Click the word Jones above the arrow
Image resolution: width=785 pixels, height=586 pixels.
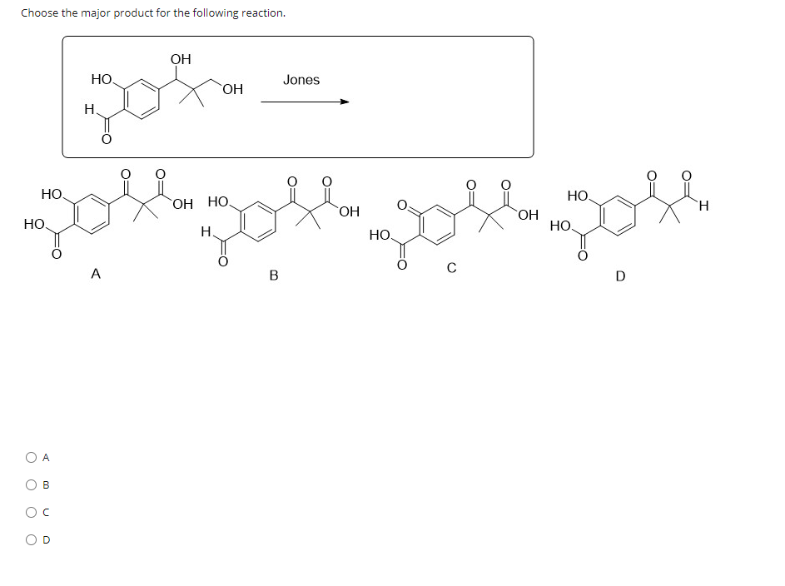pyautogui.click(x=301, y=80)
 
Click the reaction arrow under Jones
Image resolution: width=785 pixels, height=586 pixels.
pyautogui.click(x=305, y=102)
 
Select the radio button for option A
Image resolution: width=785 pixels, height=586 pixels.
pyautogui.click(x=31, y=457)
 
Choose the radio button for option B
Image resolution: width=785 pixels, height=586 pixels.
pyautogui.click(x=31, y=484)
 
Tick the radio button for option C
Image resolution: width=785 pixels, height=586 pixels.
pyautogui.click(x=31, y=512)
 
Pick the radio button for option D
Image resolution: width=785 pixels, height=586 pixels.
pyautogui.click(x=31, y=539)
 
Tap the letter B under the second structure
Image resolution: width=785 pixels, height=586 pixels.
pyautogui.click(x=274, y=276)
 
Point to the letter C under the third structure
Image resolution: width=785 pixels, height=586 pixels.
pyautogui.click(x=450, y=268)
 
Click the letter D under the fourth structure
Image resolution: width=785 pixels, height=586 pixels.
pyautogui.click(x=619, y=276)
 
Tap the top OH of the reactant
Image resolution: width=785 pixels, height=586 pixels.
pyautogui.click(x=180, y=59)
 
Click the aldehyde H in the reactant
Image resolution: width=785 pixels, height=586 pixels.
pyautogui.click(x=89, y=109)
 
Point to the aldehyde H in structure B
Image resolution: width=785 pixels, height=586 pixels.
pyautogui.click(x=205, y=232)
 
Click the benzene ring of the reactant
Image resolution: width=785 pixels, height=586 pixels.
pyautogui.click(x=142, y=99)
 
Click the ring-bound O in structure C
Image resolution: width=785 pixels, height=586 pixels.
pyautogui.click(x=403, y=204)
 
